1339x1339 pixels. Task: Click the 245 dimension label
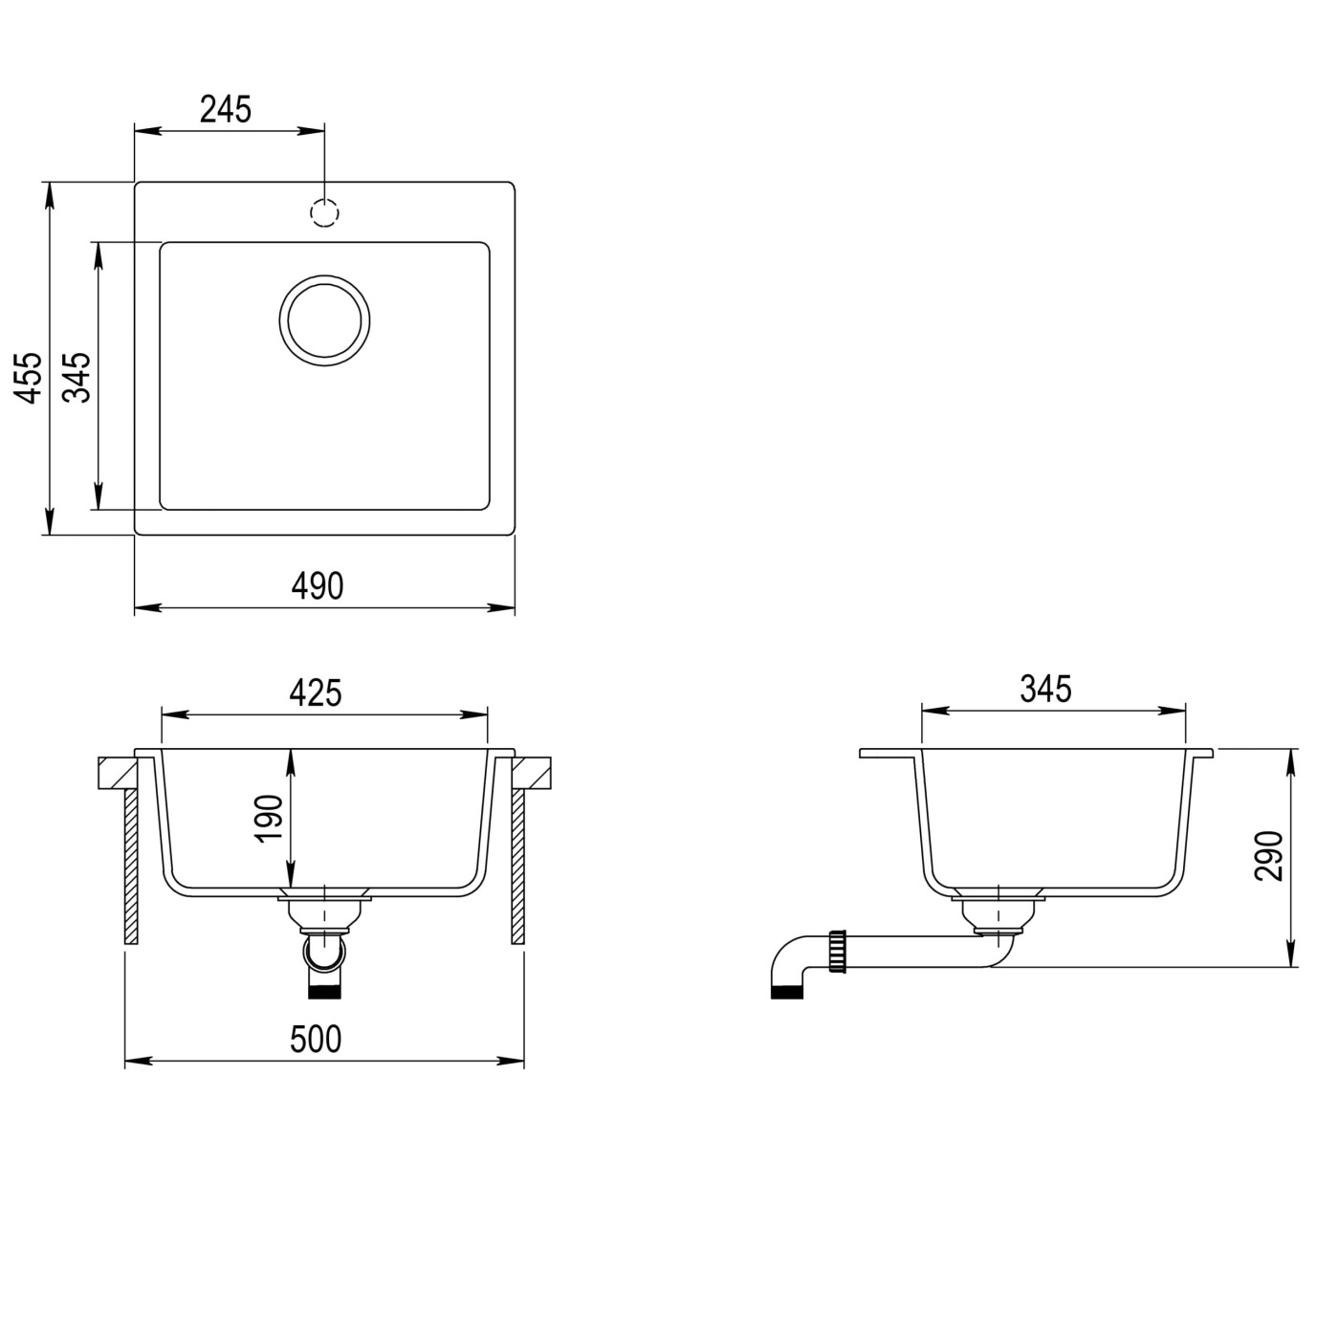point(225,110)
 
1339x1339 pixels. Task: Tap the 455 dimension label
point(30,378)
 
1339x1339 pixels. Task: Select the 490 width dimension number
point(317,586)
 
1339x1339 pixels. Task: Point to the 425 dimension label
point(316,692)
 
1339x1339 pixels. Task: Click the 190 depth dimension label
point(270,819)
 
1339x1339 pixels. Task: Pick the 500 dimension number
point(316,1040)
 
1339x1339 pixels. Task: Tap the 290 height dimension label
point(1269,856)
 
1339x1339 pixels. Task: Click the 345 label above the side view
point(1045,689)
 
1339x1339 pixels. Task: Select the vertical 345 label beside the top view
point(77,378)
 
